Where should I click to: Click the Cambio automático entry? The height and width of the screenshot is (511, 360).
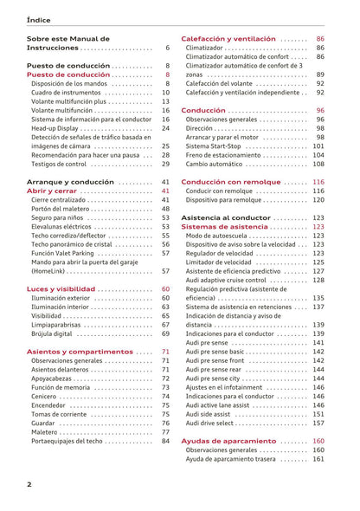point(219,164)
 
